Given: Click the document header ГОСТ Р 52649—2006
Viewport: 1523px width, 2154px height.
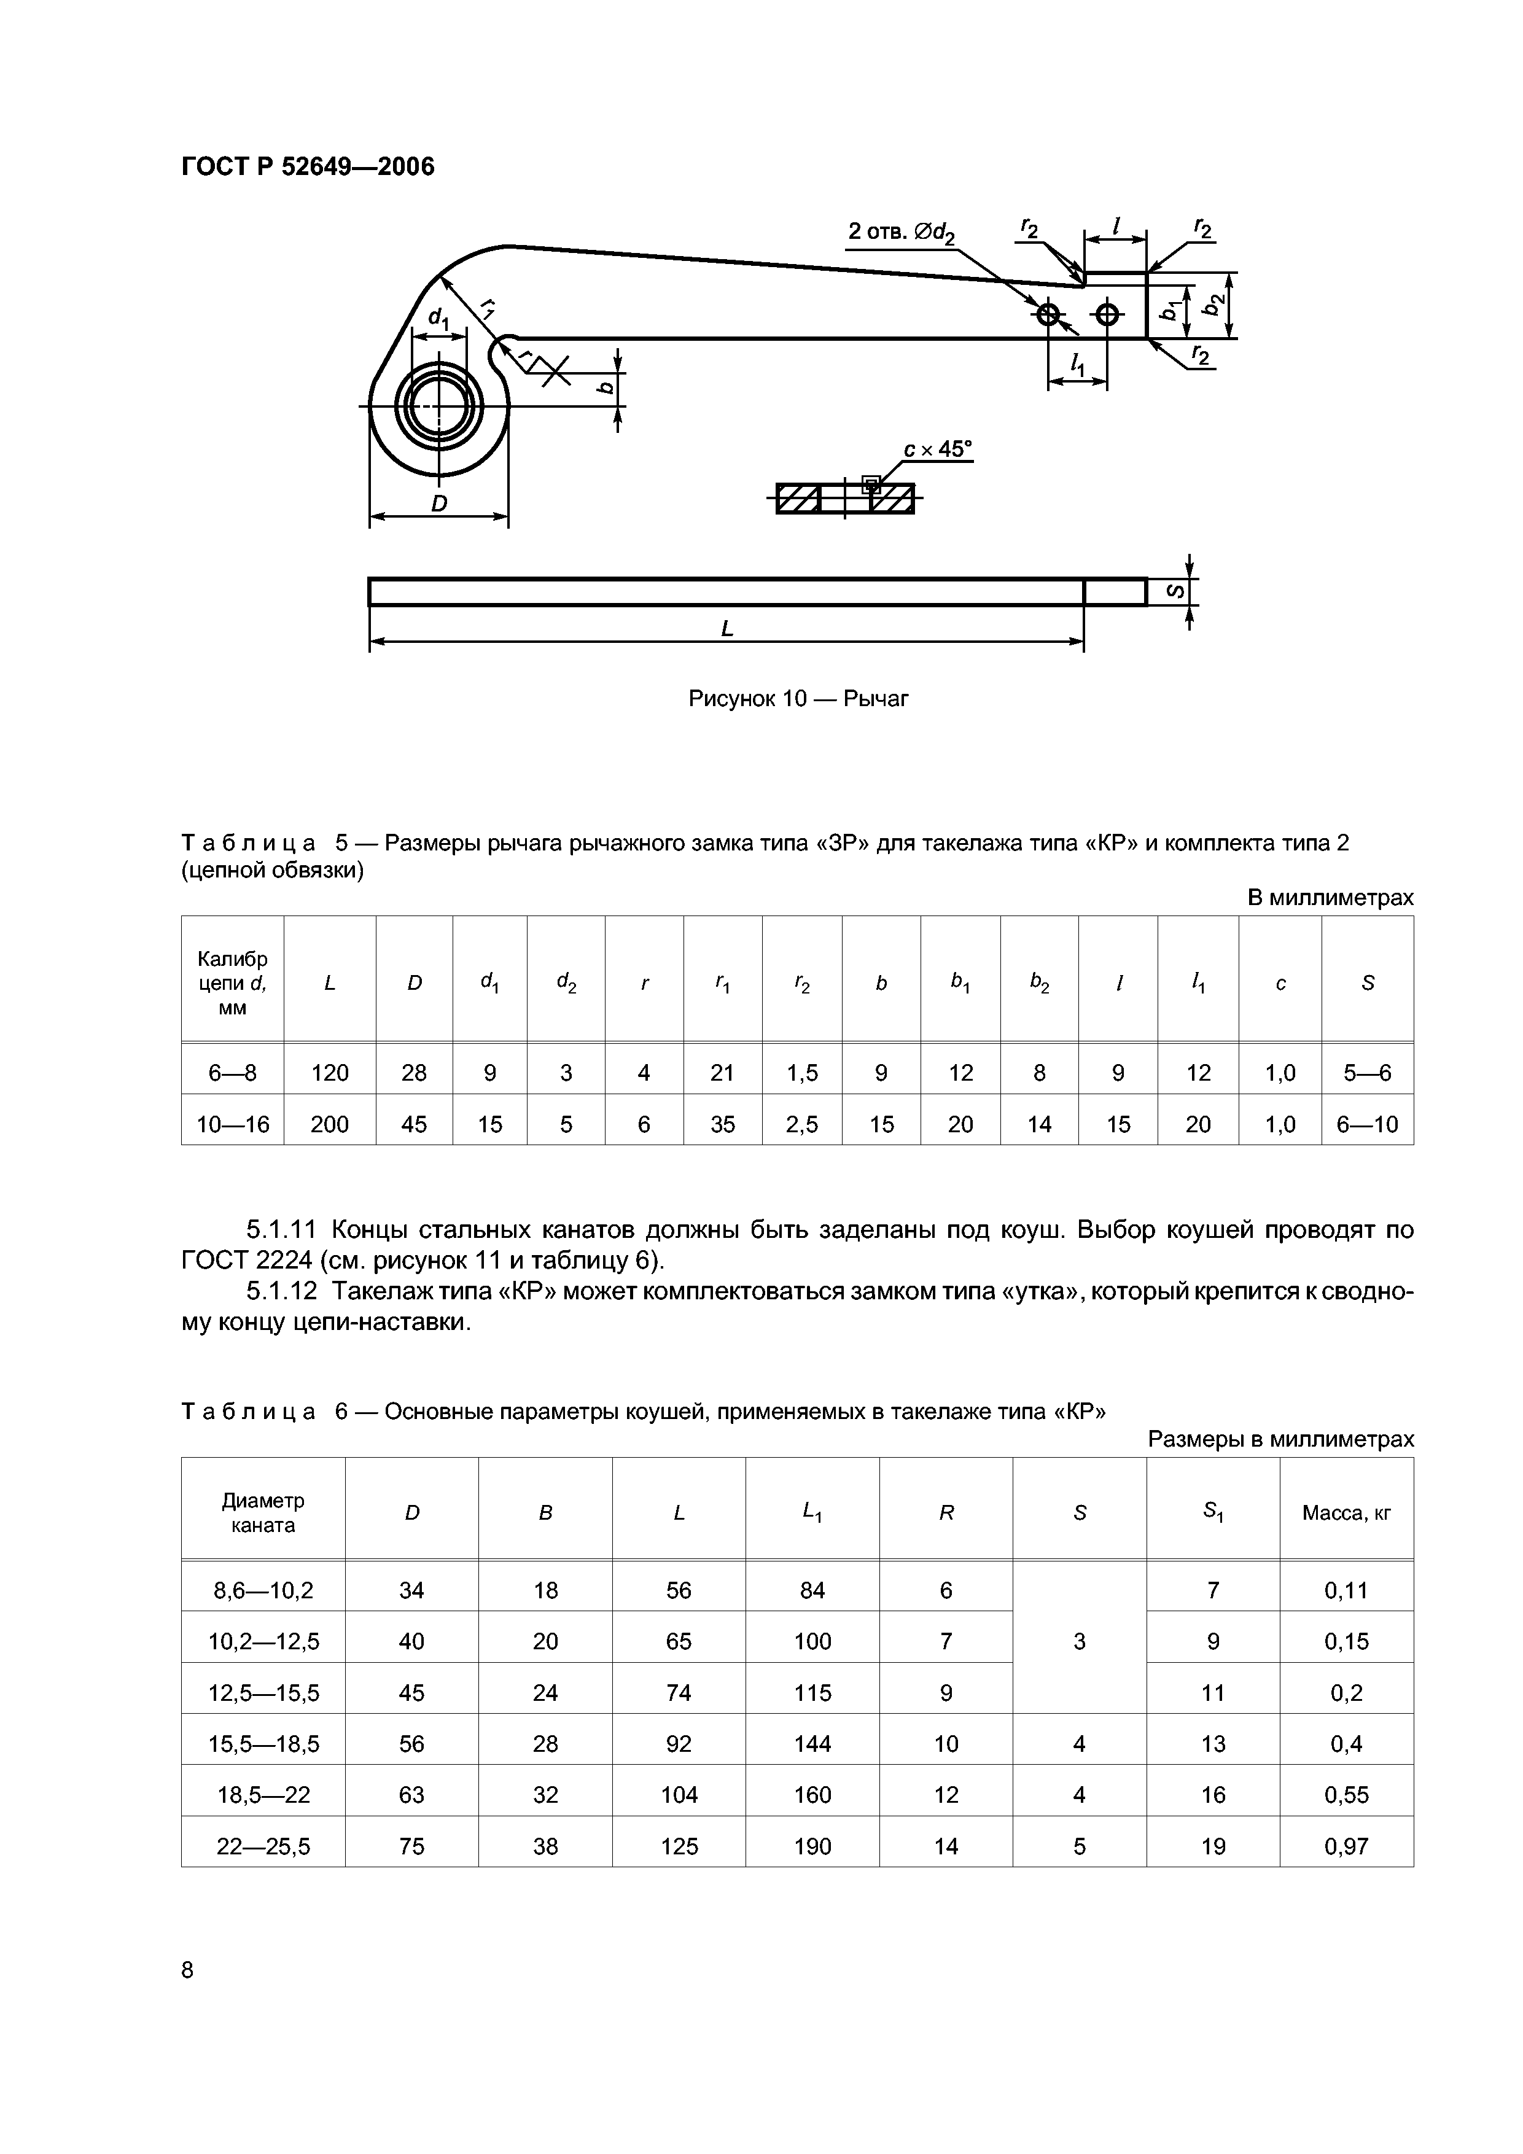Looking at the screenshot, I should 308,167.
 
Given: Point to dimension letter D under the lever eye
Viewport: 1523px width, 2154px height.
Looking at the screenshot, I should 438,504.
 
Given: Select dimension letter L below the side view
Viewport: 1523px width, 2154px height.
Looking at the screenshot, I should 726,629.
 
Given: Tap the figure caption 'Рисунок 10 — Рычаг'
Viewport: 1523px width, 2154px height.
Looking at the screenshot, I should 798,698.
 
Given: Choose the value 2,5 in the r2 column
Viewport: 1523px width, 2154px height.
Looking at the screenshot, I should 801,1124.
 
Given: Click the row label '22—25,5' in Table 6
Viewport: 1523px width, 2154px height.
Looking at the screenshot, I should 263,1846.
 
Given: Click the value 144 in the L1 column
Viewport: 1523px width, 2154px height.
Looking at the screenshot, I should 812,1743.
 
